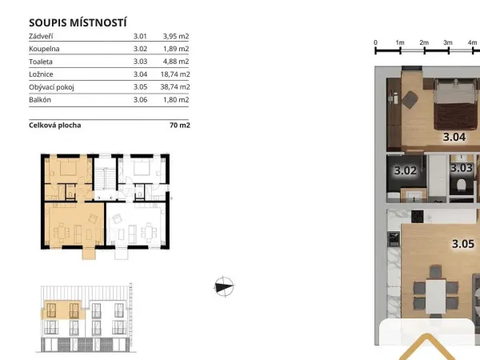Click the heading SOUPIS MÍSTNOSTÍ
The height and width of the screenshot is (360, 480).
[x=78, y=23]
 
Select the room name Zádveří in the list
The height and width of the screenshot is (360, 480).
[x=41, y=36]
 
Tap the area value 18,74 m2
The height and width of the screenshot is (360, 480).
[x=175, y=74]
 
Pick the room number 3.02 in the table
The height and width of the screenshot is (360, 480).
[x=140, y=49]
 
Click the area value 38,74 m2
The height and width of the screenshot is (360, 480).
[x=175, y=87]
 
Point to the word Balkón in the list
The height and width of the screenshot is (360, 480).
[x=40, y=100]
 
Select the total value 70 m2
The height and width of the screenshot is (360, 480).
[x=180, y=126]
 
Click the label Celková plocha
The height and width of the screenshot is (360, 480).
[x=55, y=126]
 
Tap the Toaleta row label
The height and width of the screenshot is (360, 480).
[x=41, y=62]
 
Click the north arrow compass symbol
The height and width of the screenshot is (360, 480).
[x=224, y=287]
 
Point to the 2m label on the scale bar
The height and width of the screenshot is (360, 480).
[x=424, y=43]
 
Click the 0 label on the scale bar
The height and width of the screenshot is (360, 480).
[x=376, y=43]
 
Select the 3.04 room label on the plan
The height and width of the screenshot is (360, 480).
[x=454, y=137]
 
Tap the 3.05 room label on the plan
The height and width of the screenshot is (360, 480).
[x=463, y=244]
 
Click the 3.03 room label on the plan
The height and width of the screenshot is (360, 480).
[x=462, y=168]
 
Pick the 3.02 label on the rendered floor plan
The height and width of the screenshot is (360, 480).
[x=406, y=170]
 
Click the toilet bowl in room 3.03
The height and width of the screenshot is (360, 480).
[x=461, y=186]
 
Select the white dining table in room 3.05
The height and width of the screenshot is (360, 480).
[x=436, y=297]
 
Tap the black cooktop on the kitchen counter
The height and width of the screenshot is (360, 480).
[x=418, y=217]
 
